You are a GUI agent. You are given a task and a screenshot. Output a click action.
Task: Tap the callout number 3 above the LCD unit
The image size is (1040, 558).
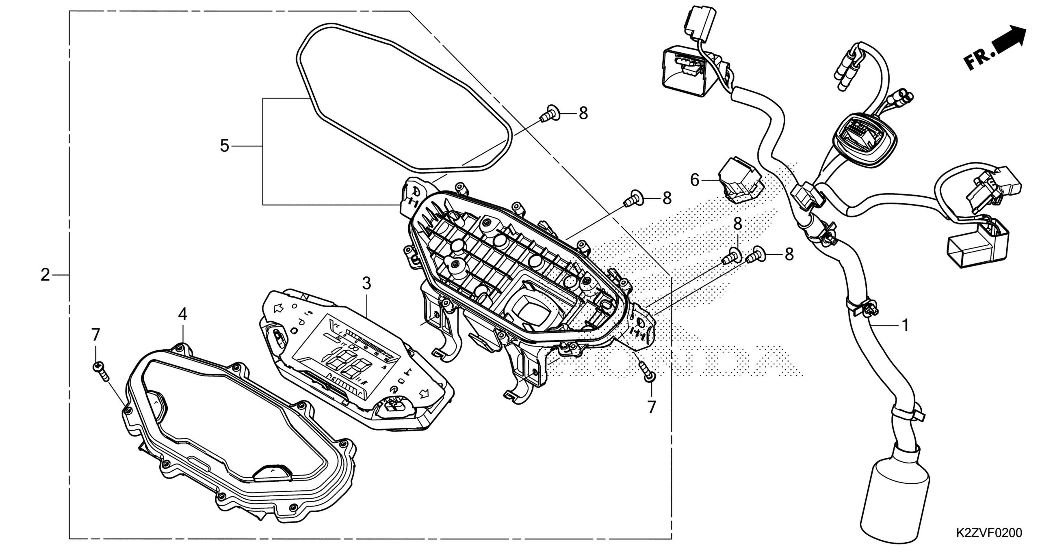366,284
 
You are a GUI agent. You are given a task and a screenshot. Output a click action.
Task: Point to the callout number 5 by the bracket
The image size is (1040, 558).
225,146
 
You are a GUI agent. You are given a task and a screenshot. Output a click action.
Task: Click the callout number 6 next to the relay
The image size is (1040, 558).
695,180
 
